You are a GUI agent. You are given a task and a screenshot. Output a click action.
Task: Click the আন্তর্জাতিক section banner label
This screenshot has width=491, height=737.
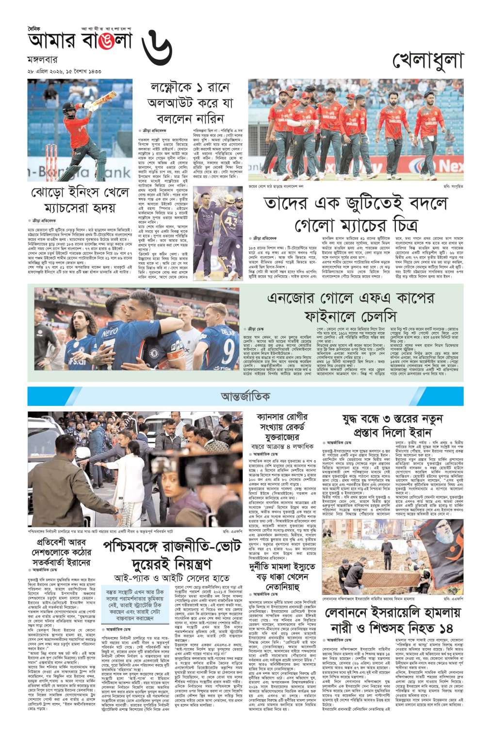pos(245,397)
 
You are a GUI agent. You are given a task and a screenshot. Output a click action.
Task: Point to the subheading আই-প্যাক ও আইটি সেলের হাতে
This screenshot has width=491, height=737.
pos(166,578)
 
